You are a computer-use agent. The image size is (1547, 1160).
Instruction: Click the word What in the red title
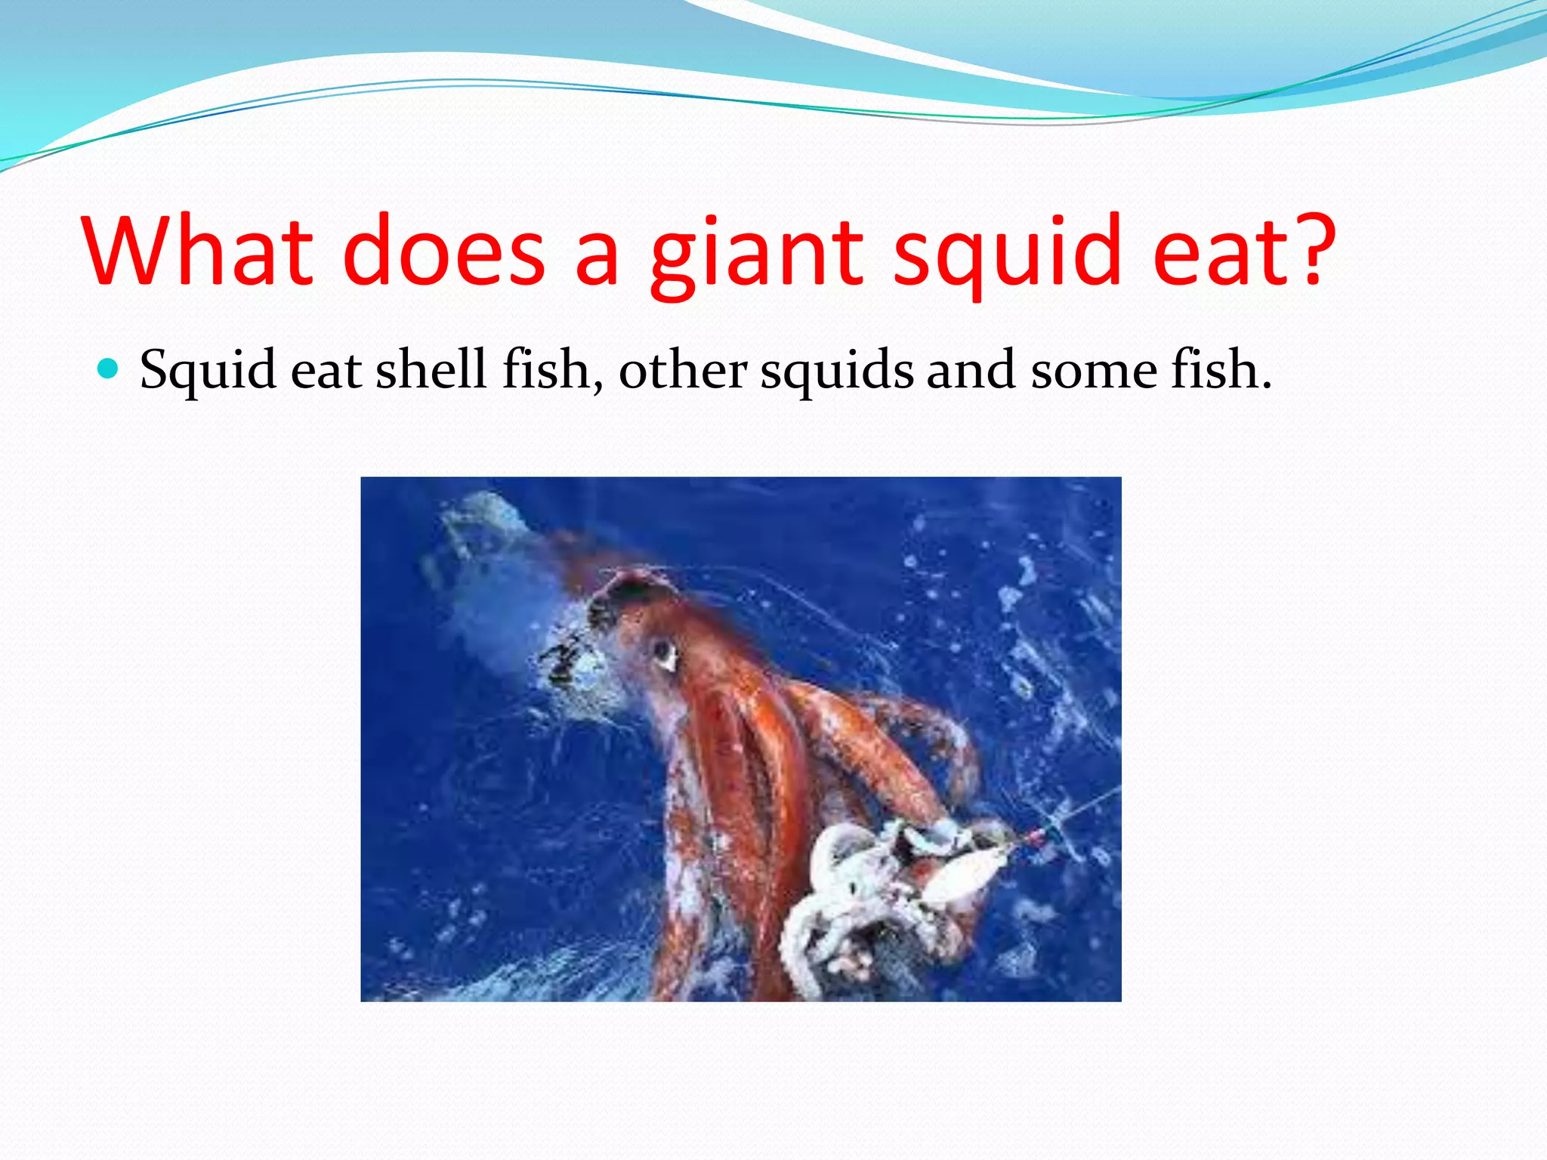pos(199,251)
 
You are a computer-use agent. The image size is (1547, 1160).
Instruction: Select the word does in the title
pos(443,251)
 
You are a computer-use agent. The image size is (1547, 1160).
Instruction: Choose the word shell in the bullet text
pos(431,370)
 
